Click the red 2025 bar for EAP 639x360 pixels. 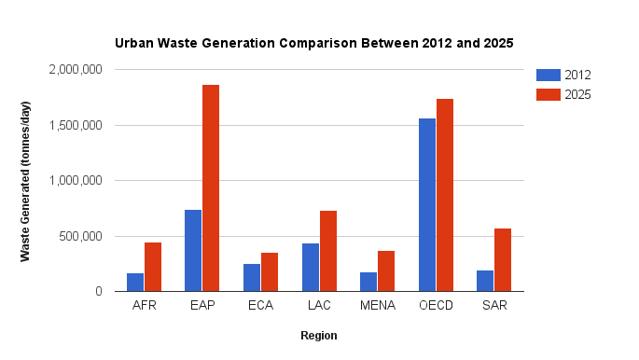point(211,188)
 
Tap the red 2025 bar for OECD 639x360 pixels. point(445,195)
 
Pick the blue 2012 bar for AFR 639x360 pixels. point(134,283)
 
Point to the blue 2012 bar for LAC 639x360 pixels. point(310,268)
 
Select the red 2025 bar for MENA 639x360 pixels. point(386,271)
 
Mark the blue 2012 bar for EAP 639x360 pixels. point(193,251)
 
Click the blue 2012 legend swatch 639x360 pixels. point(549,76)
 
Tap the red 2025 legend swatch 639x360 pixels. point(549,94)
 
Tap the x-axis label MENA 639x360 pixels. point(378,306)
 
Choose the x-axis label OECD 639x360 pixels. point(436,306)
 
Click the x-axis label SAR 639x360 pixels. point(494,306)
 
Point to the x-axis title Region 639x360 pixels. point(319,336)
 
